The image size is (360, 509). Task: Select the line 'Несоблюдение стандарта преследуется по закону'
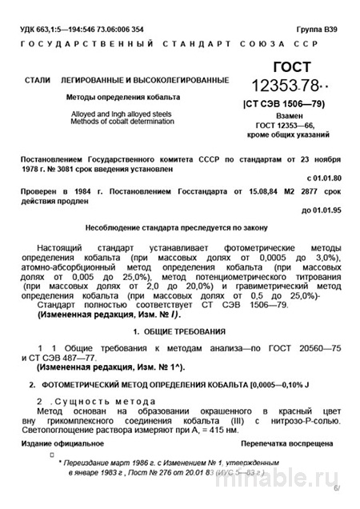[x=179, y=227]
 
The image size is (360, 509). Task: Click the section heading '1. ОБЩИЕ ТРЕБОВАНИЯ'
[x=179, y=331]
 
